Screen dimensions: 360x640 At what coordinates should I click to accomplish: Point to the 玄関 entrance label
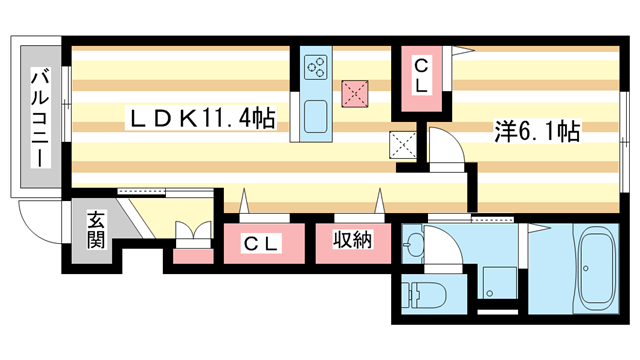coord(96,230)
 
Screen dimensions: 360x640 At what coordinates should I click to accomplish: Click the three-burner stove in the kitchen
coord(317,67)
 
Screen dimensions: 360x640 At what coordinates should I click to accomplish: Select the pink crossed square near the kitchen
coord(354,92)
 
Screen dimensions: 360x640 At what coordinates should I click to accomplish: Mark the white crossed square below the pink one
coord(403,144)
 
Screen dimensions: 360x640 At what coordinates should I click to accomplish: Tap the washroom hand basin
coord(416,242)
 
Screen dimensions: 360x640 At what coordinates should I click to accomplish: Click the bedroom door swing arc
coord(447,147)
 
